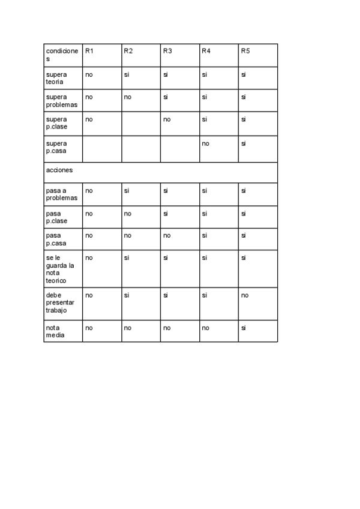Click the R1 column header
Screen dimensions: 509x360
point(89,51)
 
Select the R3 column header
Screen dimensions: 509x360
point(167,51)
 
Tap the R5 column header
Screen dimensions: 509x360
point(245,51)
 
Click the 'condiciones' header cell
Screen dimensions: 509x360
point(62,55)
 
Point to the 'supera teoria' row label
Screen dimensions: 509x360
point(56,78)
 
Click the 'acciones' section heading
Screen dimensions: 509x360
point(59,170)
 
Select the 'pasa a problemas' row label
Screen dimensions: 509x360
point(62,194)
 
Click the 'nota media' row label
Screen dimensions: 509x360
point(55,332)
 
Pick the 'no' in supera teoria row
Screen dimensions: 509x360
point(89,74)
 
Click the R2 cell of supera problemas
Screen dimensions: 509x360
point(127,97)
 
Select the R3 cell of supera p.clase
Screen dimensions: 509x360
point(167,119)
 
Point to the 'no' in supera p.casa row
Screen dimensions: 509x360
point(206,143)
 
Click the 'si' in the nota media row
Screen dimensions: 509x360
point(244,328)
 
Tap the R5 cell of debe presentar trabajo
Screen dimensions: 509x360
point(245,295)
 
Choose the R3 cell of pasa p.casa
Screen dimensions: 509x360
point(167,235)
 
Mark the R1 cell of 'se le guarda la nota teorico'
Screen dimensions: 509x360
point(89,258)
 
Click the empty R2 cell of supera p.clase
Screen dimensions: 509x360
point(140,124)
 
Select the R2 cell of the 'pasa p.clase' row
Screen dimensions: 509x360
point(127,213)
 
